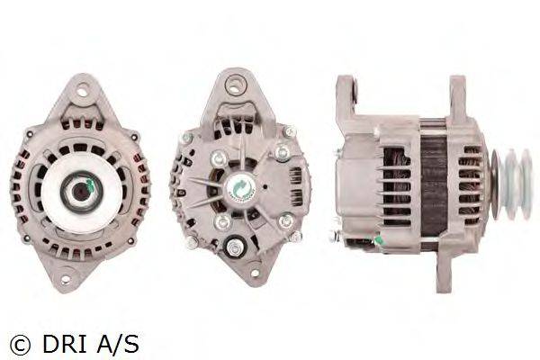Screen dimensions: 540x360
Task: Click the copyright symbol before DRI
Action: point(21,345)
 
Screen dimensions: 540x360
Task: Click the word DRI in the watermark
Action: point(65,345)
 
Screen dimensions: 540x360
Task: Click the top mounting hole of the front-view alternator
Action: point(82,92)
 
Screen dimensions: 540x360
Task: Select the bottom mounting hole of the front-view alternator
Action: point(65,278)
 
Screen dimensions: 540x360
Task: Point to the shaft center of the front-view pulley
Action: point(82,191)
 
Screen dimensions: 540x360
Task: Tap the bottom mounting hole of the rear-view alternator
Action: point(256,274)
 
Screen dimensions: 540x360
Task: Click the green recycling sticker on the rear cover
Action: point(242,188)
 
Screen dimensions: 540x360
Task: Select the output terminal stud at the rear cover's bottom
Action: point(235,247)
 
